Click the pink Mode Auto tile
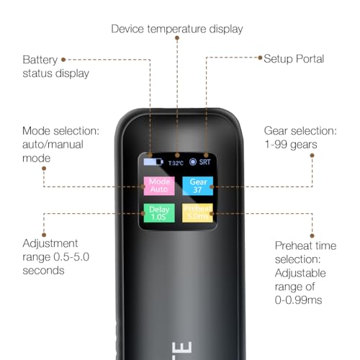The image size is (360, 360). click(x=159, y=186)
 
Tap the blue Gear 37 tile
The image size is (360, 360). click(x=198, y=186)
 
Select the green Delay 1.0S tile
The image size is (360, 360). click(x=159, y=213)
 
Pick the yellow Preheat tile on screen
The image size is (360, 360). click(x=197, y=213)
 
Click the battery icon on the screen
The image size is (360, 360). click(x=153, y=162)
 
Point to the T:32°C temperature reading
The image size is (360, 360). click(x=176, y=163)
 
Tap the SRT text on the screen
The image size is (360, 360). click(x=204, y=162)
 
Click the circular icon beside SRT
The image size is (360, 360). click(x=193, y=162)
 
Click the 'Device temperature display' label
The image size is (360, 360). click(x=177, y=29)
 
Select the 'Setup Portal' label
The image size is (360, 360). click(x=294, y=59)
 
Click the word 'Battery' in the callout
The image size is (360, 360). click(x=40, y=60)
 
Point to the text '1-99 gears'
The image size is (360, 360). click(x=291, y=145)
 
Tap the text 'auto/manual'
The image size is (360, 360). click(x=53, y=145)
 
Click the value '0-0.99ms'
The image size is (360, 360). click(x=298, y=300)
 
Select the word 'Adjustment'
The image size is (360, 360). click(x=50, y=243)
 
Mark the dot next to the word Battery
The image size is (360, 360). click(x=63, y=60)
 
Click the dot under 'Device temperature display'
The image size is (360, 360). click(x=177, y=37)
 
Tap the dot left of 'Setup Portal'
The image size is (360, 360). click(x=260, y=58)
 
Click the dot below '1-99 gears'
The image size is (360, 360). click(x=312, y=156)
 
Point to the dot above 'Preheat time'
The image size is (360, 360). click(x=312, y=235)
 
